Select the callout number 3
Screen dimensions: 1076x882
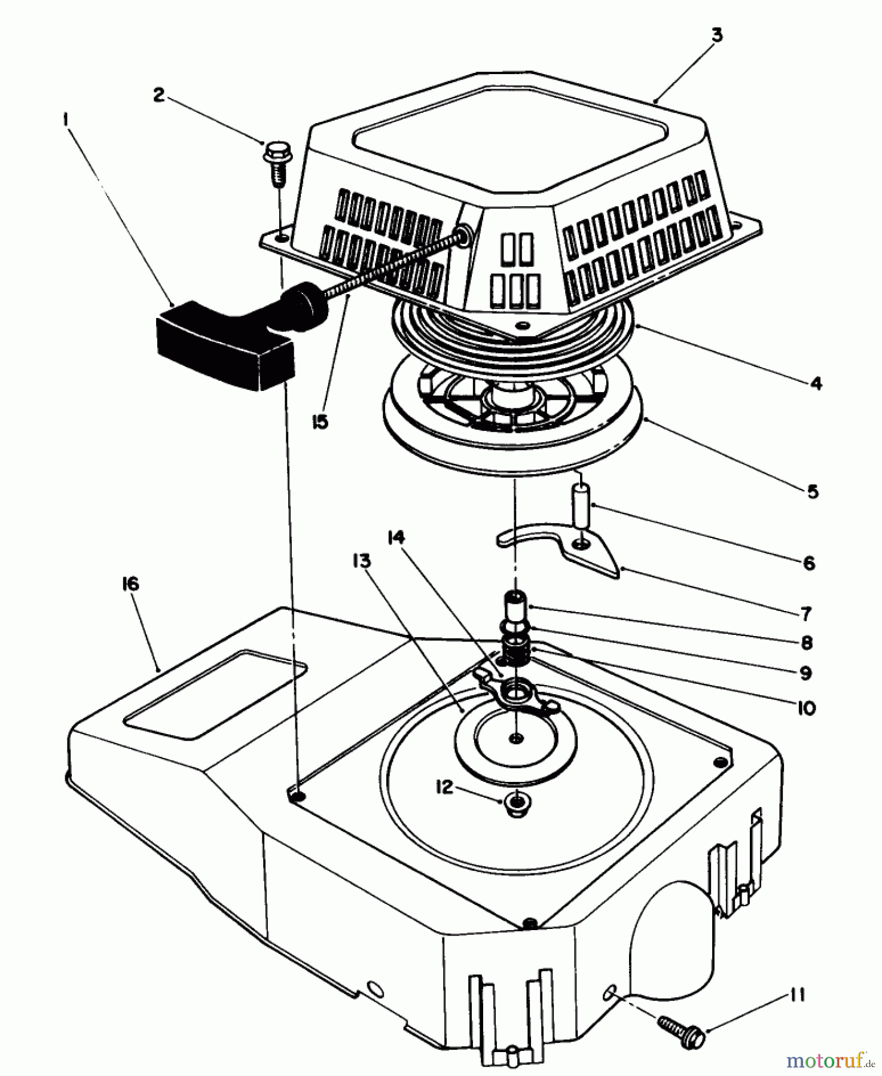(717, 35)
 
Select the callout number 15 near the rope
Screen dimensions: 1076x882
(320, 422)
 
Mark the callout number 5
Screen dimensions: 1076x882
(812, 491)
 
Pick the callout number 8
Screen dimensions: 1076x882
(805, 643)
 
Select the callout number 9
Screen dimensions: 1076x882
(805, 673)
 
